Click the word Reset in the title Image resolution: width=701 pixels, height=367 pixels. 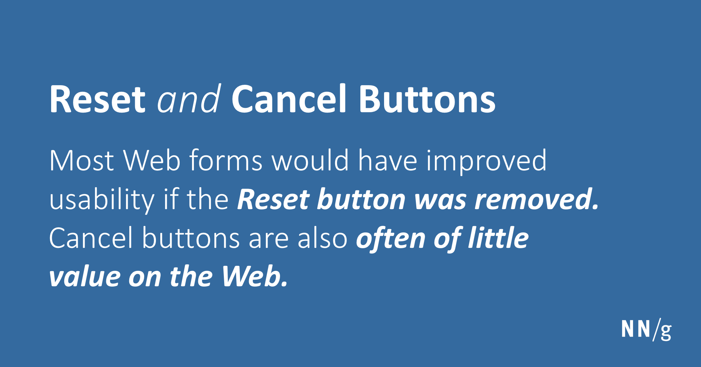pos(97,99)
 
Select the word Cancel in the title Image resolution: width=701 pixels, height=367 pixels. pos(289,98)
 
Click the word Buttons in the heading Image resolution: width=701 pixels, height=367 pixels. pos(427,98)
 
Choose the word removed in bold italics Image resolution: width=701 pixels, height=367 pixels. pos(536,199)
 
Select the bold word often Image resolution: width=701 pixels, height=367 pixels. pos(391,238)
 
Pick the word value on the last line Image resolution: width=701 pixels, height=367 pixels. pos(85,276)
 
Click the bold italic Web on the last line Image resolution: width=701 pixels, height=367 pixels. pos(255,276)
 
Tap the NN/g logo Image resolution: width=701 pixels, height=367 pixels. pos(646,330)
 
